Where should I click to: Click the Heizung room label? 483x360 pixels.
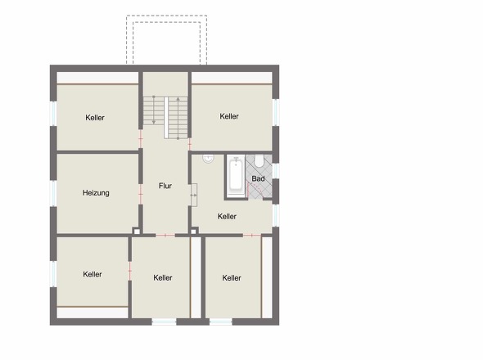coord(96,193)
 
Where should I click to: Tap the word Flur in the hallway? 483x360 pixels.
coord(165,186)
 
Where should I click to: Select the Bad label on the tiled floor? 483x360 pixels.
coord(258,178)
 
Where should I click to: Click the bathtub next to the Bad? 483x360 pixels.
coord(236,176)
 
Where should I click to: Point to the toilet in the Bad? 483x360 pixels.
coord(259,160)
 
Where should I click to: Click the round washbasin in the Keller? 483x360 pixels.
coord(208,159)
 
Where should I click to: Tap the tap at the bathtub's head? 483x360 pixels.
coord(237,159)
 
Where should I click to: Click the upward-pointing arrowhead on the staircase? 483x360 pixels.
coord(178,99)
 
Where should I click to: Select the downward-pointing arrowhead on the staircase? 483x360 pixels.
coord(154,122)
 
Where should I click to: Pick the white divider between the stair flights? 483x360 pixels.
coord(166,117)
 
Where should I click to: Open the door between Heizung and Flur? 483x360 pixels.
coord(141,195)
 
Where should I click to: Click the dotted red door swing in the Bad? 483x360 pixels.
coord(255,188)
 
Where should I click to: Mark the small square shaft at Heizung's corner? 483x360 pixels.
coord(136,231)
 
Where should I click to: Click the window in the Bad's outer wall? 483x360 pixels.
coord(276,170)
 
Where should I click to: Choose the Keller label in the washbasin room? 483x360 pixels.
coord(227,217)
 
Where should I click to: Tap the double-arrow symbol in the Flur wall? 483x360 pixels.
coord(193,196)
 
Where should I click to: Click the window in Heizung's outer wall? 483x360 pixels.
coord(53,193)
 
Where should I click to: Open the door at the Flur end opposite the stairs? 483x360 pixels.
coord(165,236)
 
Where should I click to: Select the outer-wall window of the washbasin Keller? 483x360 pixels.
coord(276,215)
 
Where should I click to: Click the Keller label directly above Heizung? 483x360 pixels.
coord(95,118)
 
